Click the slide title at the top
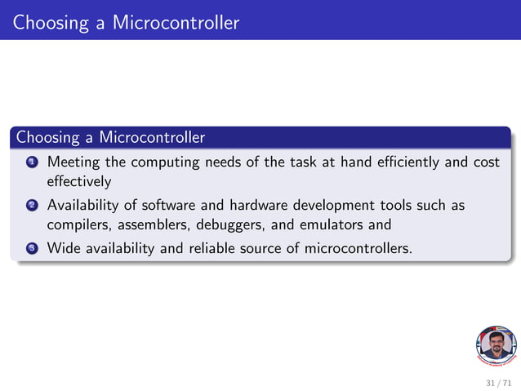pos(126,22)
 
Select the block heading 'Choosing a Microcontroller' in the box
pos(110,136)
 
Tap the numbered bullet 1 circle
pos(31,162)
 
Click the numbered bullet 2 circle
pos(31,206)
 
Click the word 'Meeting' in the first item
pos(73,162)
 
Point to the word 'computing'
pos(164,162)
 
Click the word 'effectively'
pos(78,180)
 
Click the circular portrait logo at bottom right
pos(495,346)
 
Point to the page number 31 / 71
pos(497,382)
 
